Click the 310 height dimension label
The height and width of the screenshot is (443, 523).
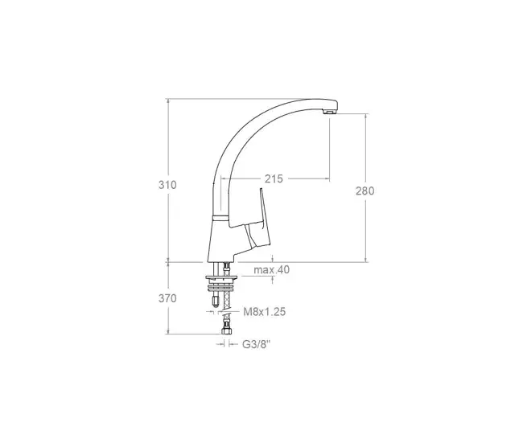click(167, 185)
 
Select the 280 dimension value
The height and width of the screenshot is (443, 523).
click(365, 191)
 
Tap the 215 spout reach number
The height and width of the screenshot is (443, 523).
click(274, 179)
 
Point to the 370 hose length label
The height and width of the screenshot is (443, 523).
click(167, 298)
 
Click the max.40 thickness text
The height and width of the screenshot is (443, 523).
click(271, 269)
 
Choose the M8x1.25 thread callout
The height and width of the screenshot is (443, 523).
click(265, 312)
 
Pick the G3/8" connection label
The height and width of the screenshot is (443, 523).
click(256, 344)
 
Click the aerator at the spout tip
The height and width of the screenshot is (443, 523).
click(330, 112)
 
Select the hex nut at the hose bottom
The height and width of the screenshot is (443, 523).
click(226, 331)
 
